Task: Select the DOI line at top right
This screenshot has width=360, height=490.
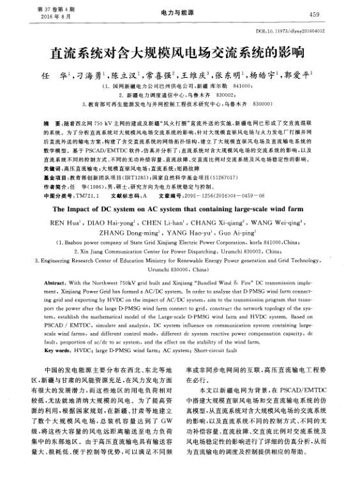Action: [x=299, y=31]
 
